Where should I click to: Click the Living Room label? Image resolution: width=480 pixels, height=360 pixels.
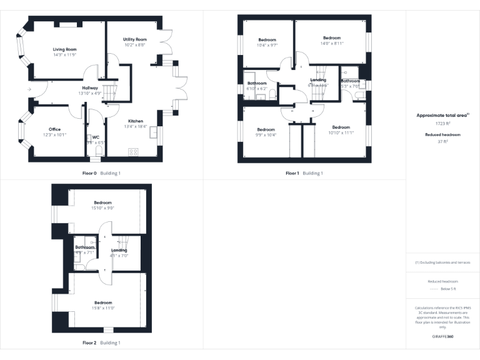(64, 49)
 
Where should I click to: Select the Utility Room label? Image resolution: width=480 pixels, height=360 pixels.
(135, 39)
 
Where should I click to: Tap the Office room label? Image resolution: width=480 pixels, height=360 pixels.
(55, 129)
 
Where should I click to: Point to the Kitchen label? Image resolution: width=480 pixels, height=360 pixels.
(136, 121)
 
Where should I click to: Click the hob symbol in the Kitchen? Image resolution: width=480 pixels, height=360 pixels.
(134, 151)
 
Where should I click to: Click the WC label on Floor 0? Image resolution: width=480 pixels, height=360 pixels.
(96, 137)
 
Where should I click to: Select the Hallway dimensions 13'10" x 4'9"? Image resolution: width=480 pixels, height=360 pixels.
(90, 93)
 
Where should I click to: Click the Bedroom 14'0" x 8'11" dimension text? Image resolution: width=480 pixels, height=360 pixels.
(332, 44)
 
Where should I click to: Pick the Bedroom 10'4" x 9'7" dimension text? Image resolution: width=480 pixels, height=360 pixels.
(266, 45)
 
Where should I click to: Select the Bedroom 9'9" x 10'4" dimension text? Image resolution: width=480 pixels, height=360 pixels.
(266, 135)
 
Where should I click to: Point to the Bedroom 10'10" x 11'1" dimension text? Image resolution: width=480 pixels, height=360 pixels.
(341, 132)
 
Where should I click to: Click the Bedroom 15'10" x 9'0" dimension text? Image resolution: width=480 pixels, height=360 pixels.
(103, 208)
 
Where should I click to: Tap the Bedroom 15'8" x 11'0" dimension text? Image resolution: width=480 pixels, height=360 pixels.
(103, 308)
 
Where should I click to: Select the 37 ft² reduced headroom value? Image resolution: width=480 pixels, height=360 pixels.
(442, 141)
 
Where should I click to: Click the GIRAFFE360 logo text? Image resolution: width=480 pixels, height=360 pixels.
(442, 337)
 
